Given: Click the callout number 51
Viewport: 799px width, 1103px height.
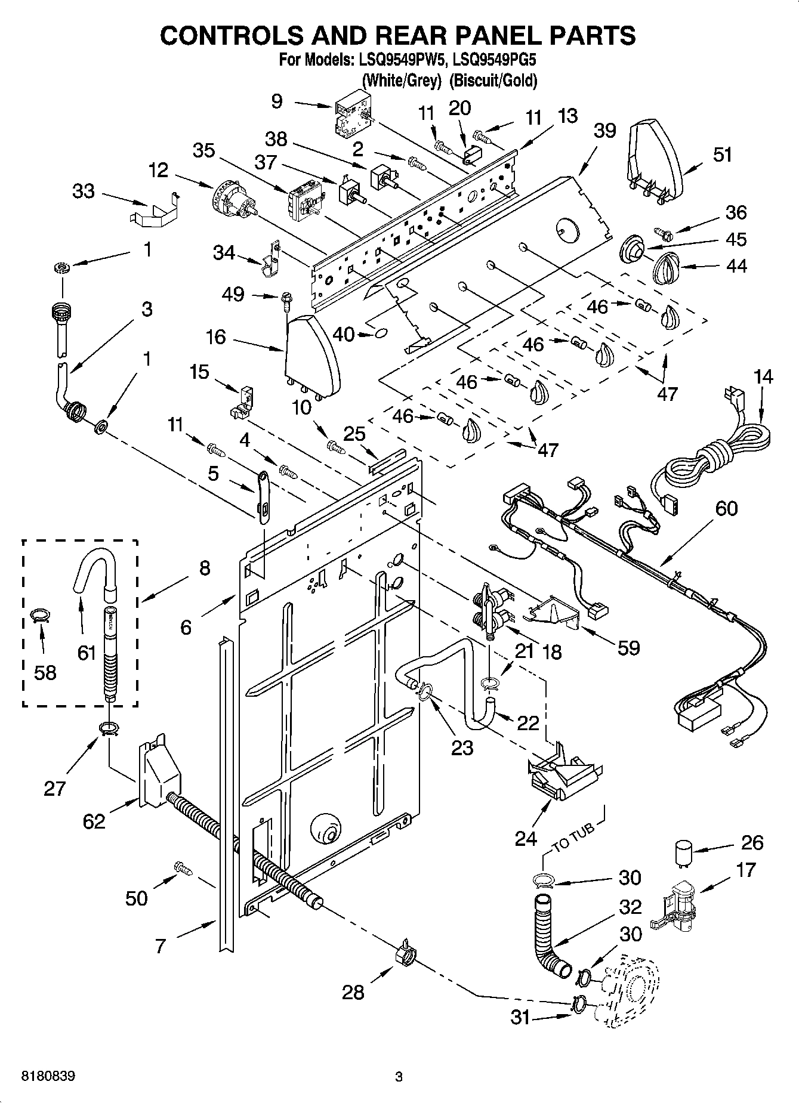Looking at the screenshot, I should click(x=722, y=155).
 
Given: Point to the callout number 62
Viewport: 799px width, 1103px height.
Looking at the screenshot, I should click(x=94, y=821).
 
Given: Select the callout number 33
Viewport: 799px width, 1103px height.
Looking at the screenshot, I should click(x=84, y=191).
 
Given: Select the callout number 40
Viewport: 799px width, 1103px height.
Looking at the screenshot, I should click(x=343, y=335).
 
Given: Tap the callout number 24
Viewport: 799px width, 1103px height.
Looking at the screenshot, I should click(x=526, y=839).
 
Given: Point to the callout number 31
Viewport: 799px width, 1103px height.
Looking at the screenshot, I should click(x=520, y=1017).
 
